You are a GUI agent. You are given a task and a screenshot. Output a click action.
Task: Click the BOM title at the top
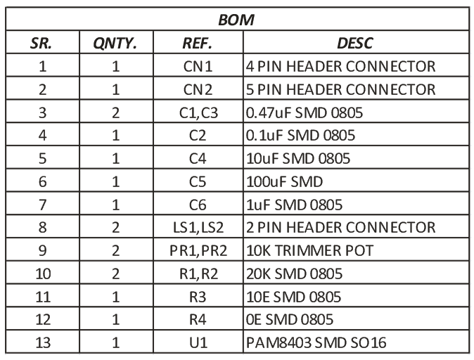coord(236,20)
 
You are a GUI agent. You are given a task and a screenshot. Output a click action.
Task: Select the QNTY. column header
coord(115,44)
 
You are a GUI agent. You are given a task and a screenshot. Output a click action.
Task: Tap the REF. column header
coord(197,43)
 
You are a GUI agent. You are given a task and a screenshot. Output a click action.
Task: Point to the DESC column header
coord(355,43)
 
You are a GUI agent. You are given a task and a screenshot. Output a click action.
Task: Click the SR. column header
coord(41,43)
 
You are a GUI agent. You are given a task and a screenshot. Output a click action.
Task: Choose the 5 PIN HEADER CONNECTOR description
coord(340,90)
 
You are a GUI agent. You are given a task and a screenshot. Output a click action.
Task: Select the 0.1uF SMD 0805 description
coord(300,136)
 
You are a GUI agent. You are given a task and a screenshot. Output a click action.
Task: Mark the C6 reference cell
coord(198,205)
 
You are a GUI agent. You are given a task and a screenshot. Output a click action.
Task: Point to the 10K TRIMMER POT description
coord(310,250)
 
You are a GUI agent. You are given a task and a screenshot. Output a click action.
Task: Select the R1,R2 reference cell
coord(198,274)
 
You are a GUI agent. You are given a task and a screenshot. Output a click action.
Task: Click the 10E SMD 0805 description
coord(293,297)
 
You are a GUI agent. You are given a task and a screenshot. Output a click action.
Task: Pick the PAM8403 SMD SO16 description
coord(316,342)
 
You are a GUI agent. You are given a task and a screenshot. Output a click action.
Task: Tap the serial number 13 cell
coord(43,342)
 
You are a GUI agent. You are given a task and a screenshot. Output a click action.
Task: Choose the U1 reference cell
coord(198,342)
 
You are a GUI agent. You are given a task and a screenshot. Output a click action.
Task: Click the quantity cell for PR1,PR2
coord(116,251)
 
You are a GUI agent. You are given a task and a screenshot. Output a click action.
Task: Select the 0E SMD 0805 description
coord(290,320)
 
